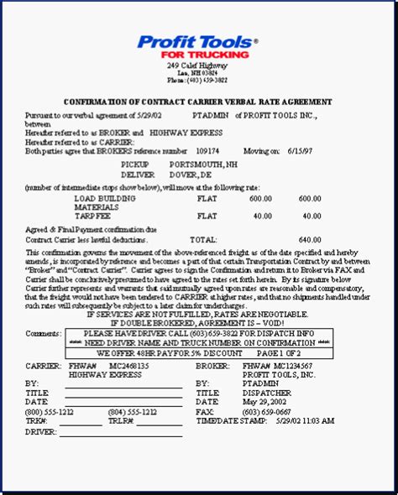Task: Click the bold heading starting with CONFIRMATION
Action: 198,102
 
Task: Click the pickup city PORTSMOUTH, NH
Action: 206,164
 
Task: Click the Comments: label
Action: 44,333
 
